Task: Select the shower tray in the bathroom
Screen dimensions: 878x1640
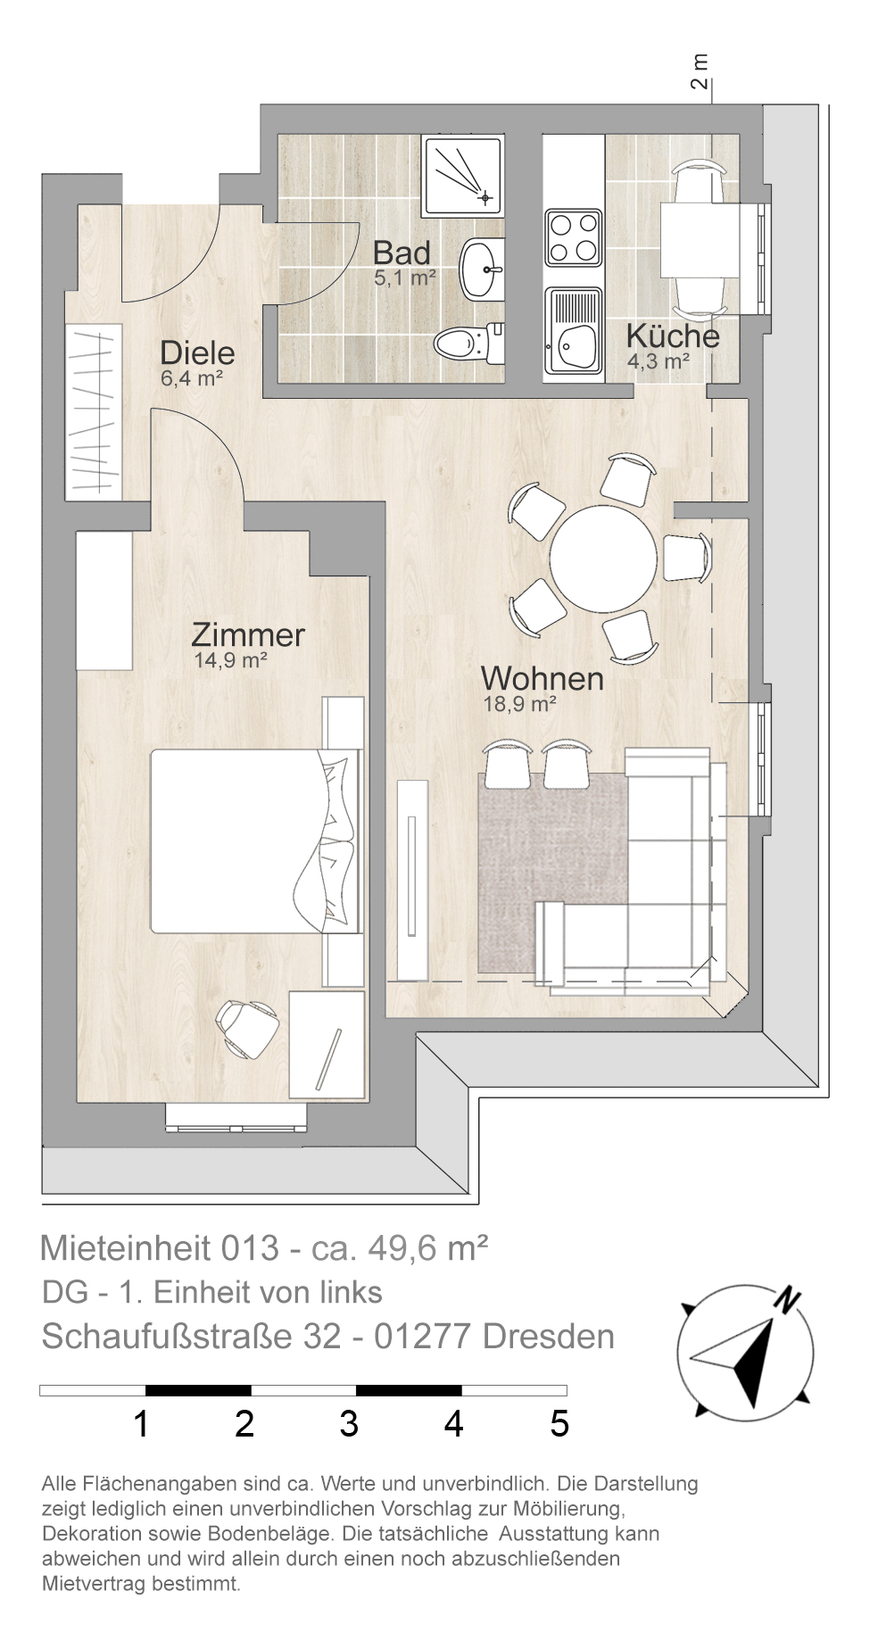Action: pyautogui.click(x=463, y=175)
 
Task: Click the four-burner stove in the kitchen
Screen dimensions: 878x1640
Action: pyautogui.click(x=573, y=238)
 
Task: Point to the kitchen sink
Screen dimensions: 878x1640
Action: pyautogui.click(x=574, y=334)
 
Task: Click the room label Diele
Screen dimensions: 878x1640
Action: pyautogui.click(x=197, y=352)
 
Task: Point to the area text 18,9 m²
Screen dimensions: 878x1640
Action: pyautogui.click(x=519, y=704)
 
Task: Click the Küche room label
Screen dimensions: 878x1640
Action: pyautogui.click(x=673, y=336)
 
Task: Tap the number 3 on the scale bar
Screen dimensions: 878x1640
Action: pyautogui.click(x=349, y=1423)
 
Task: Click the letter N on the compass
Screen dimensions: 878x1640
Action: pyautogui.click(x=785, y=1300)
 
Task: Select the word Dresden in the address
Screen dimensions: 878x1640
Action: pyautogui.click(x=548, y=1336)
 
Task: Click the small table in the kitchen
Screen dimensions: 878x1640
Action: pyautogui.click(x=700, y=240)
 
